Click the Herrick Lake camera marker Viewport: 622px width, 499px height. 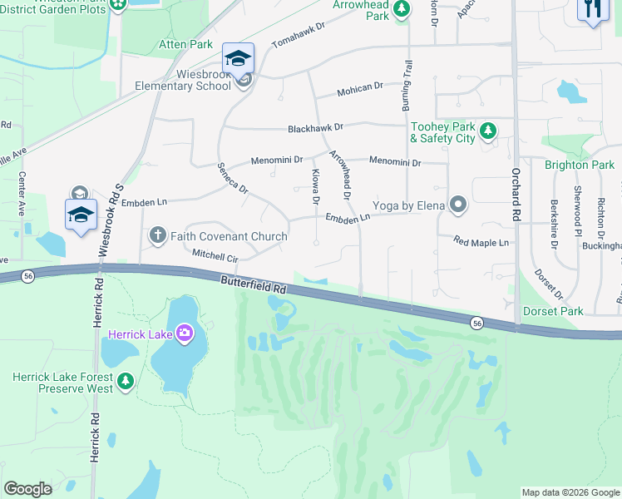184,334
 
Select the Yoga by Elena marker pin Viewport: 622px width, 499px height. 457,205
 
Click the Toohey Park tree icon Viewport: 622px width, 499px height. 488,131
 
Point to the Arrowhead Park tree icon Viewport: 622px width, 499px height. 402,8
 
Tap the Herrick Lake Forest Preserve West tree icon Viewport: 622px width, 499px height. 125,382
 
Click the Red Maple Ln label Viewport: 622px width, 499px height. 481,242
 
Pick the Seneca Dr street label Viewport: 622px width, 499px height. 233,178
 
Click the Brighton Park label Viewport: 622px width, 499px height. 580,165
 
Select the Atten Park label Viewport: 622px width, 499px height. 186,42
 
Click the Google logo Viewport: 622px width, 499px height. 27,489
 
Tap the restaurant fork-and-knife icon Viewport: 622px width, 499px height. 592,10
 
